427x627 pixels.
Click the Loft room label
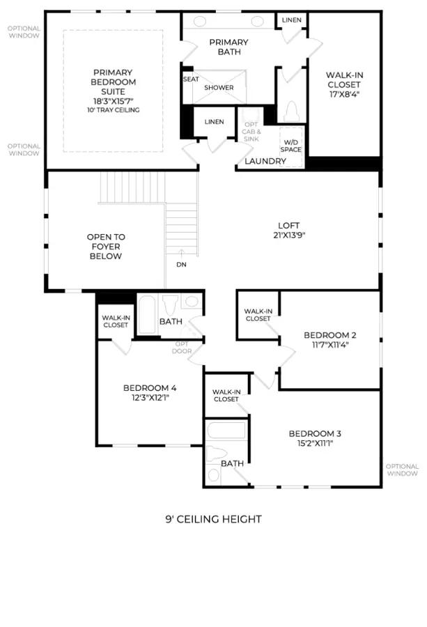[288, 226]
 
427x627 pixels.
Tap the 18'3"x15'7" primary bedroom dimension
[113, 101]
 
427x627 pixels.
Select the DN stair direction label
[182, 264]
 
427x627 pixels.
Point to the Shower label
[219, 88]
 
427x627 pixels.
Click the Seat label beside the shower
[191, 79]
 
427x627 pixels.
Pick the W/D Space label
[290, 146]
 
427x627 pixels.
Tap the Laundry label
[265, 161]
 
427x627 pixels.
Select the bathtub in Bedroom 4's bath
[147, 315]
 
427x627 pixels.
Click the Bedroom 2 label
[330, 335]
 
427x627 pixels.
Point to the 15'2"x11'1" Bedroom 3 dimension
[315, 443]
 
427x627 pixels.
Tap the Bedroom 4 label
[150, 388]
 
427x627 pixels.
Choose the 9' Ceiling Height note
[213, 519]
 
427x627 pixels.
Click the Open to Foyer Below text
[106, 247]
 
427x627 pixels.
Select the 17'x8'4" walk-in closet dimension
[345, 94]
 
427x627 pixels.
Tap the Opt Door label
[182, 348]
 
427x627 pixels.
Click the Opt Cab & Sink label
[251, 132]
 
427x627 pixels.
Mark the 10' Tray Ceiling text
[114, 110]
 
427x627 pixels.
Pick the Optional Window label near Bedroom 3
[402, 470]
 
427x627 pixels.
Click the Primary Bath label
[229, 47]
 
